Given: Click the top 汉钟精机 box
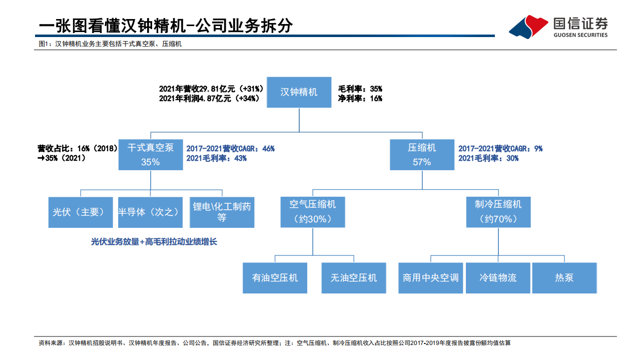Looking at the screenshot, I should [x=299, y=92].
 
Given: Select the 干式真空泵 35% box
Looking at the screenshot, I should [x=151, y=155].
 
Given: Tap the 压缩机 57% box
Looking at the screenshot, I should [x=422, y=155].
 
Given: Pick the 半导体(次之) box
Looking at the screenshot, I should [x=151, y=212].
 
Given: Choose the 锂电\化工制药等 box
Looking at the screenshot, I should [x=222, y=212].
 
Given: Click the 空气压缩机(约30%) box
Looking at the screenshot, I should [x=313, y=212].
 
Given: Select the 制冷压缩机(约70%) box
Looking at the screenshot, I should [x=498, y=212].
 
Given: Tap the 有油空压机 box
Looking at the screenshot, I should [x=275, y=278].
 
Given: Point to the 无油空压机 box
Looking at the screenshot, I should [x=354, y=278].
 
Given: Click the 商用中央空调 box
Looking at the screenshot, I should [x=430, y=278].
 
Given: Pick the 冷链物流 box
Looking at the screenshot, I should [x=498, y=278].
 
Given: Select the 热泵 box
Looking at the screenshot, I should [x=564, y=278].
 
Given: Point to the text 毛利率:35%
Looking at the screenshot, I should [x=360, y=89].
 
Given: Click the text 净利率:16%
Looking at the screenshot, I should [x=360, y=99].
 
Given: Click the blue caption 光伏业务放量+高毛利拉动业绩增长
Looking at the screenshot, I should [x=154, y=242].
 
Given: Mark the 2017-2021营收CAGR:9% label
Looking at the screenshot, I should [x=500, y=149].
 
